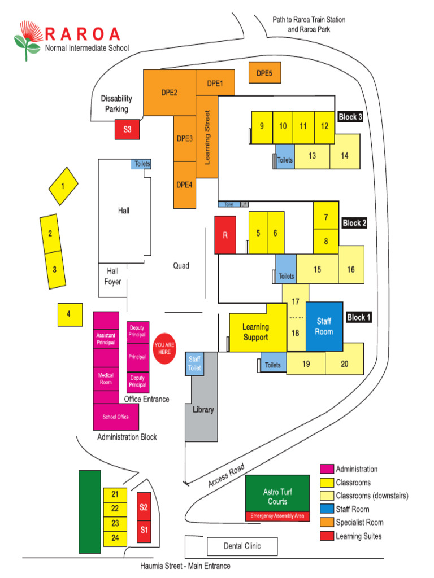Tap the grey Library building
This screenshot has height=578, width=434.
pos(203,409)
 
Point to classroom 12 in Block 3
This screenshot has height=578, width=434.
pos(324,126)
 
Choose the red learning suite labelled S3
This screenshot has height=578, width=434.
pos(127,129)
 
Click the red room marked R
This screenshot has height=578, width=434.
pos(225,235)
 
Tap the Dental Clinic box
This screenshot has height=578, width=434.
pos(242,546)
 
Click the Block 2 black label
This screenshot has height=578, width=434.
pos(354,223)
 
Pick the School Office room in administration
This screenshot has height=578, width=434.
pos(116,417)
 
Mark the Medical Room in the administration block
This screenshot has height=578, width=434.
pos(106,379)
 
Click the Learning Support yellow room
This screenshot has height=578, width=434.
pos(255,331)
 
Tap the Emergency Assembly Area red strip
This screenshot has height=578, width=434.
pos(277,516)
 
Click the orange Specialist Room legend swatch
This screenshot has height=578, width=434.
pos(326,523)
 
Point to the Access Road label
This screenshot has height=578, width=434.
pos(226,476)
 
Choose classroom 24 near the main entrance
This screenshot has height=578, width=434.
pos(115,538)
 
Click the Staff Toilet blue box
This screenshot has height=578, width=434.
pos(194,363)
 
